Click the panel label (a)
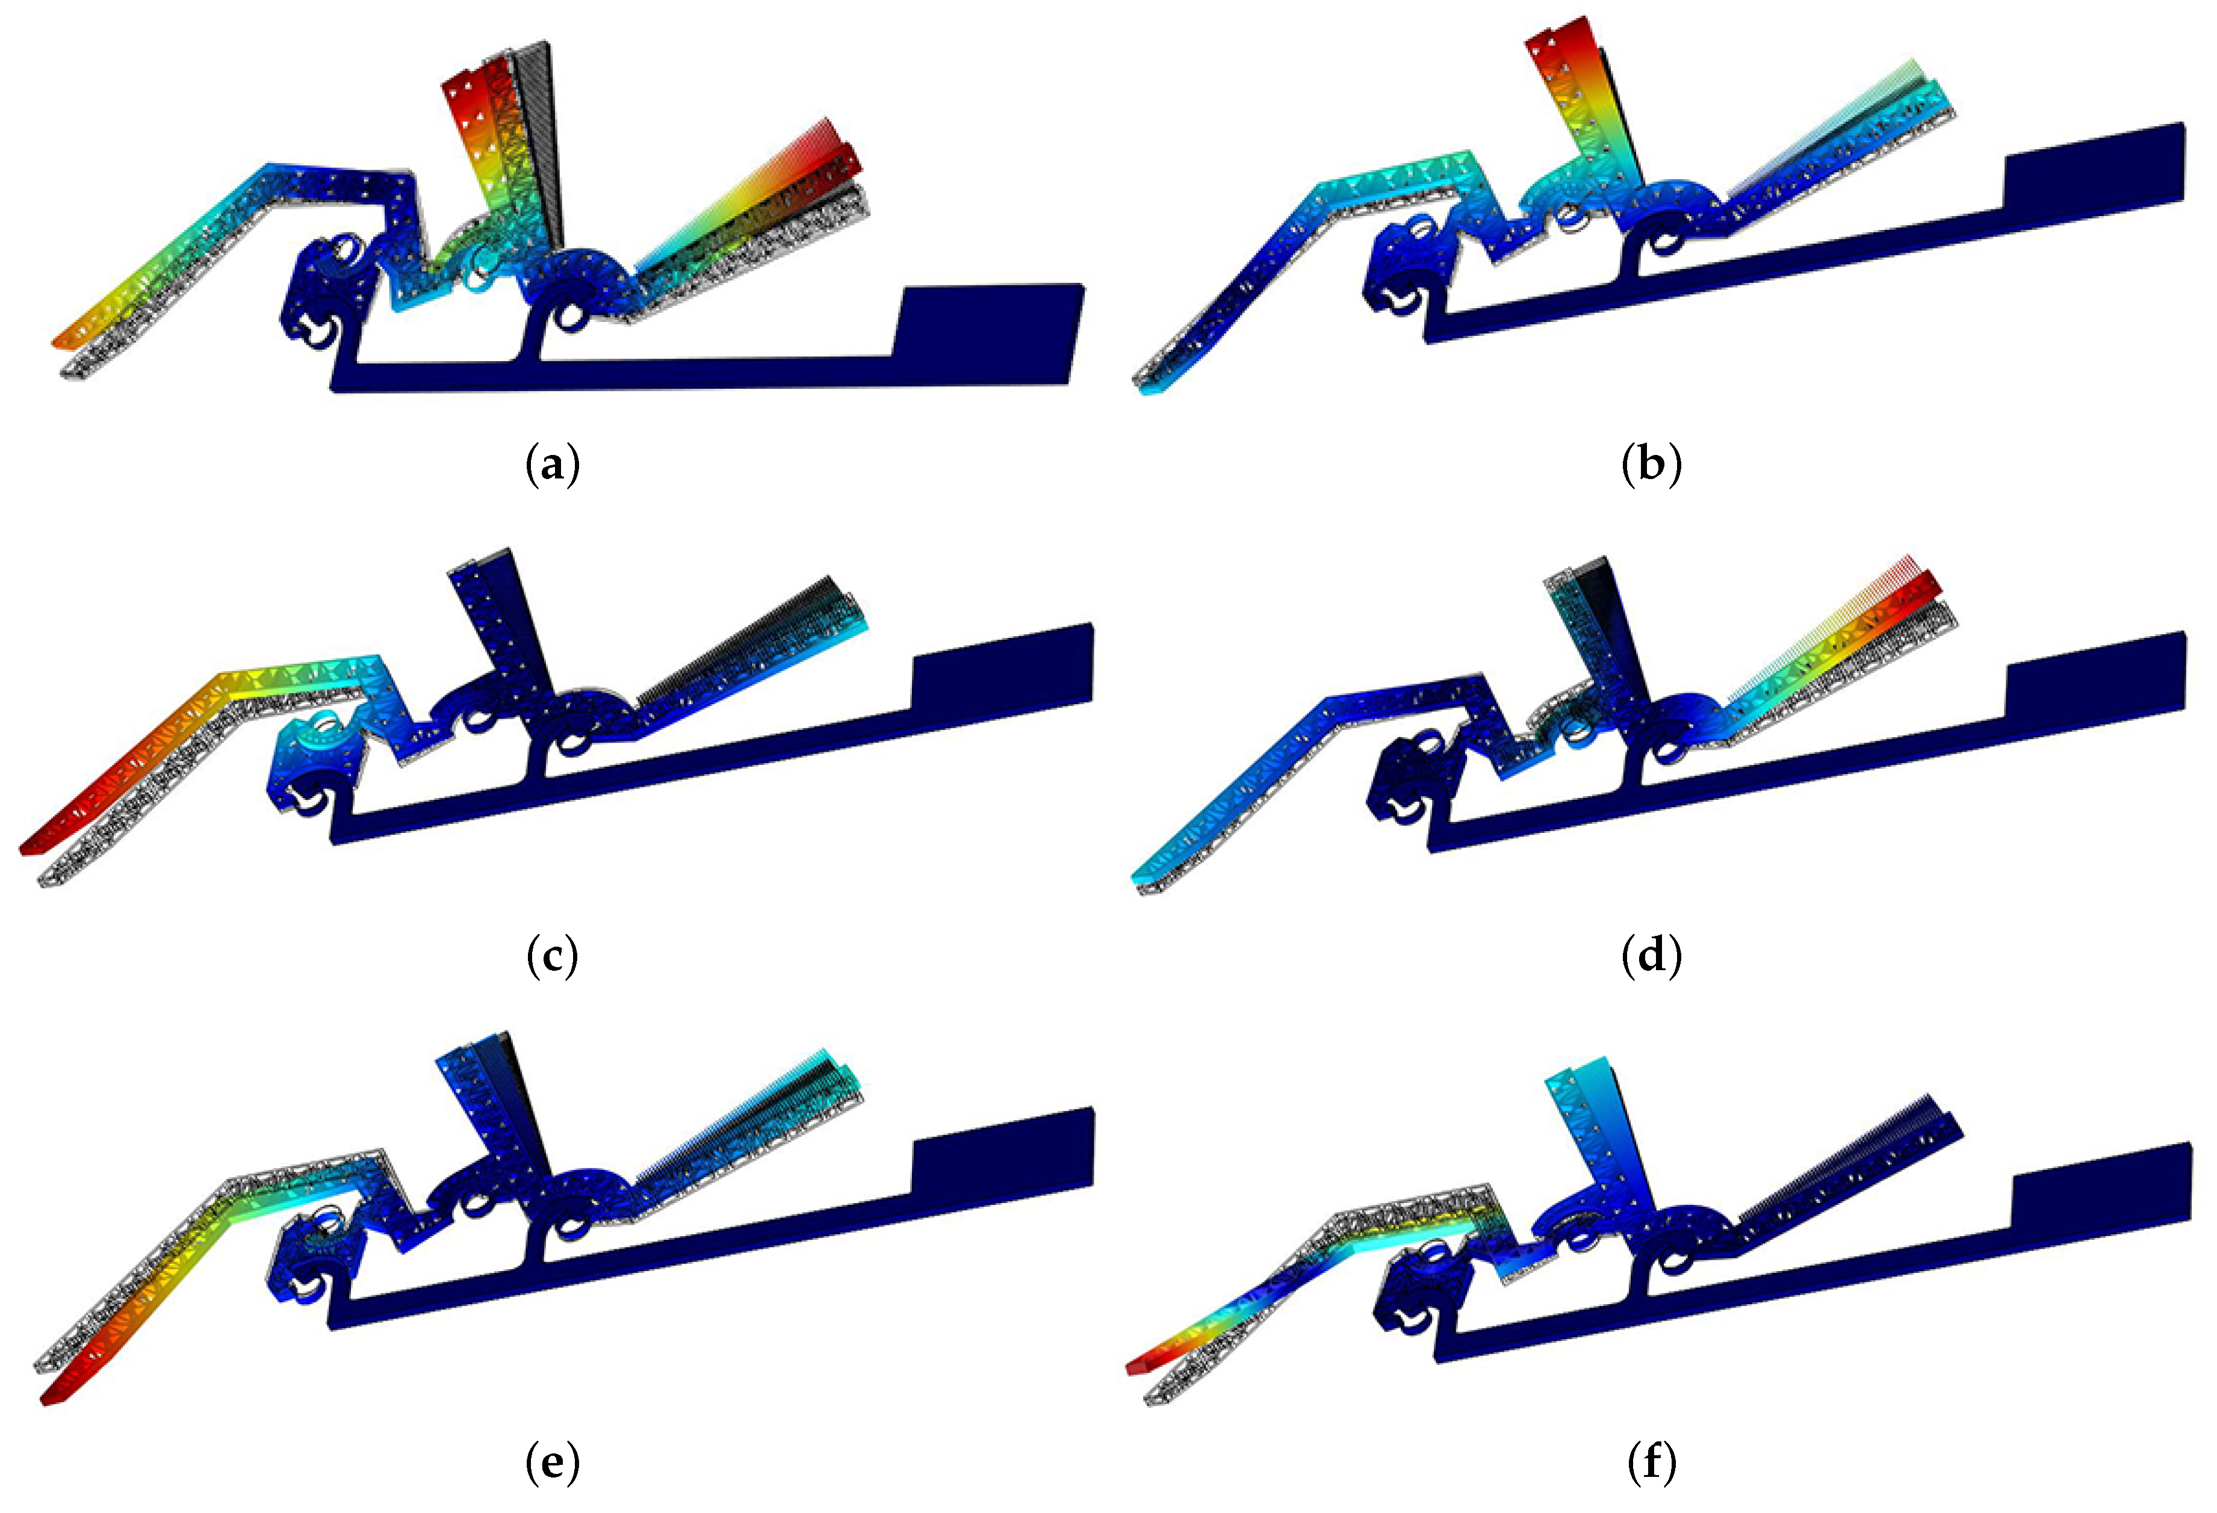coord(553,466)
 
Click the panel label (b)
coord(1651,466)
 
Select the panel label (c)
coord(553,957)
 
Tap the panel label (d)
coord(1651,957)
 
